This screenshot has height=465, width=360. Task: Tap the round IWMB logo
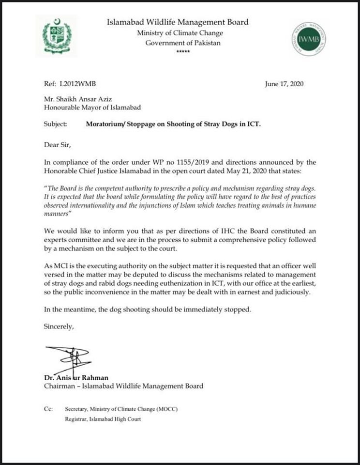click(x=309, y=39)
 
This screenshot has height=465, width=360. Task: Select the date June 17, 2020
click(x=284, y=84)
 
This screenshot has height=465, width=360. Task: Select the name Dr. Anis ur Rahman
click(x=74, y=378)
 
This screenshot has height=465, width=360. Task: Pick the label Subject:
click(x=56, y=124)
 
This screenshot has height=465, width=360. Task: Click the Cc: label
click(x=48, y=409)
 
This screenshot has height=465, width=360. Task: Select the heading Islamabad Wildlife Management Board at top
click(x=178, y=22)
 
